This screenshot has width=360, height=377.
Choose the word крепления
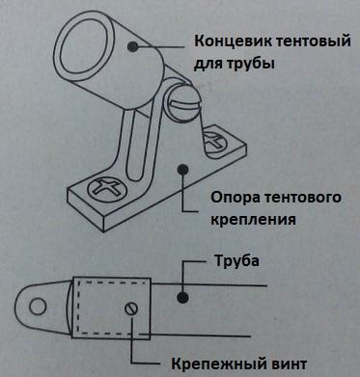tap(253, 220)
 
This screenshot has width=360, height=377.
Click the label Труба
tap(236, 261)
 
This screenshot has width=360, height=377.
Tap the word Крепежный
tap(216, 364)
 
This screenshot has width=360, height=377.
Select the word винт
tap(287, 364)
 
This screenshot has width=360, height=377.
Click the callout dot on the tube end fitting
tap(132, 46)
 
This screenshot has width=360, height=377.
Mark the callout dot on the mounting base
tap(182, 170)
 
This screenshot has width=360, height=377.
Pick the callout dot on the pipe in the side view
tap(182, 297)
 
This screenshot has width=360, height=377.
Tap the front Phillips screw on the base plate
tap(107, 189)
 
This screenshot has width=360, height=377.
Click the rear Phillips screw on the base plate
tap(214, 142)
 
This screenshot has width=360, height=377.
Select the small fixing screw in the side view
tap(131, 309)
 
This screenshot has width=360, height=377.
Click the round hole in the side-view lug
tap(38, 307)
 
